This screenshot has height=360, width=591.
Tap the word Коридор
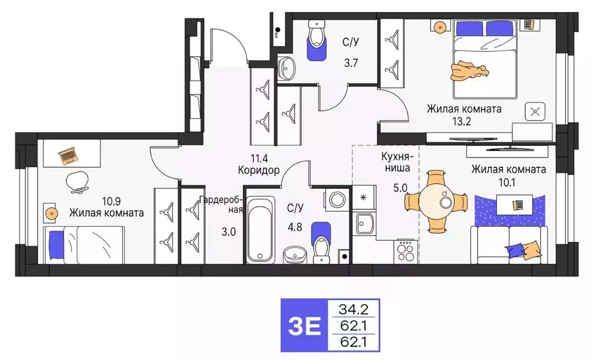click(258, 170)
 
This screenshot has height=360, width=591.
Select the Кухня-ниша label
click(395, 162)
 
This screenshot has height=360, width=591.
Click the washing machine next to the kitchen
click(336, 200)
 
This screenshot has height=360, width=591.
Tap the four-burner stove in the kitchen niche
click(406, 250)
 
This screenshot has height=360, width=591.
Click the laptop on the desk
click(68, 155)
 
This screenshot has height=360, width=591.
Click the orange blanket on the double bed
click(469, 70)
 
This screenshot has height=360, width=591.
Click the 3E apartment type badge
click(304, 326)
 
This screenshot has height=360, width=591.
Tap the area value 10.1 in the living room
click(508, 183)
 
